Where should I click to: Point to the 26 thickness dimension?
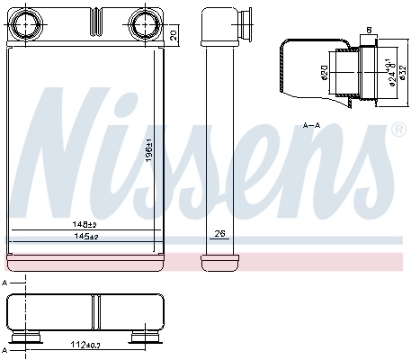coord(217,236)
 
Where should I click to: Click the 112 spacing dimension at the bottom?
coord(86,345)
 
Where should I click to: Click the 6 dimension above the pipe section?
coord(369,31)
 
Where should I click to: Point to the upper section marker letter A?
coord(7,283)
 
